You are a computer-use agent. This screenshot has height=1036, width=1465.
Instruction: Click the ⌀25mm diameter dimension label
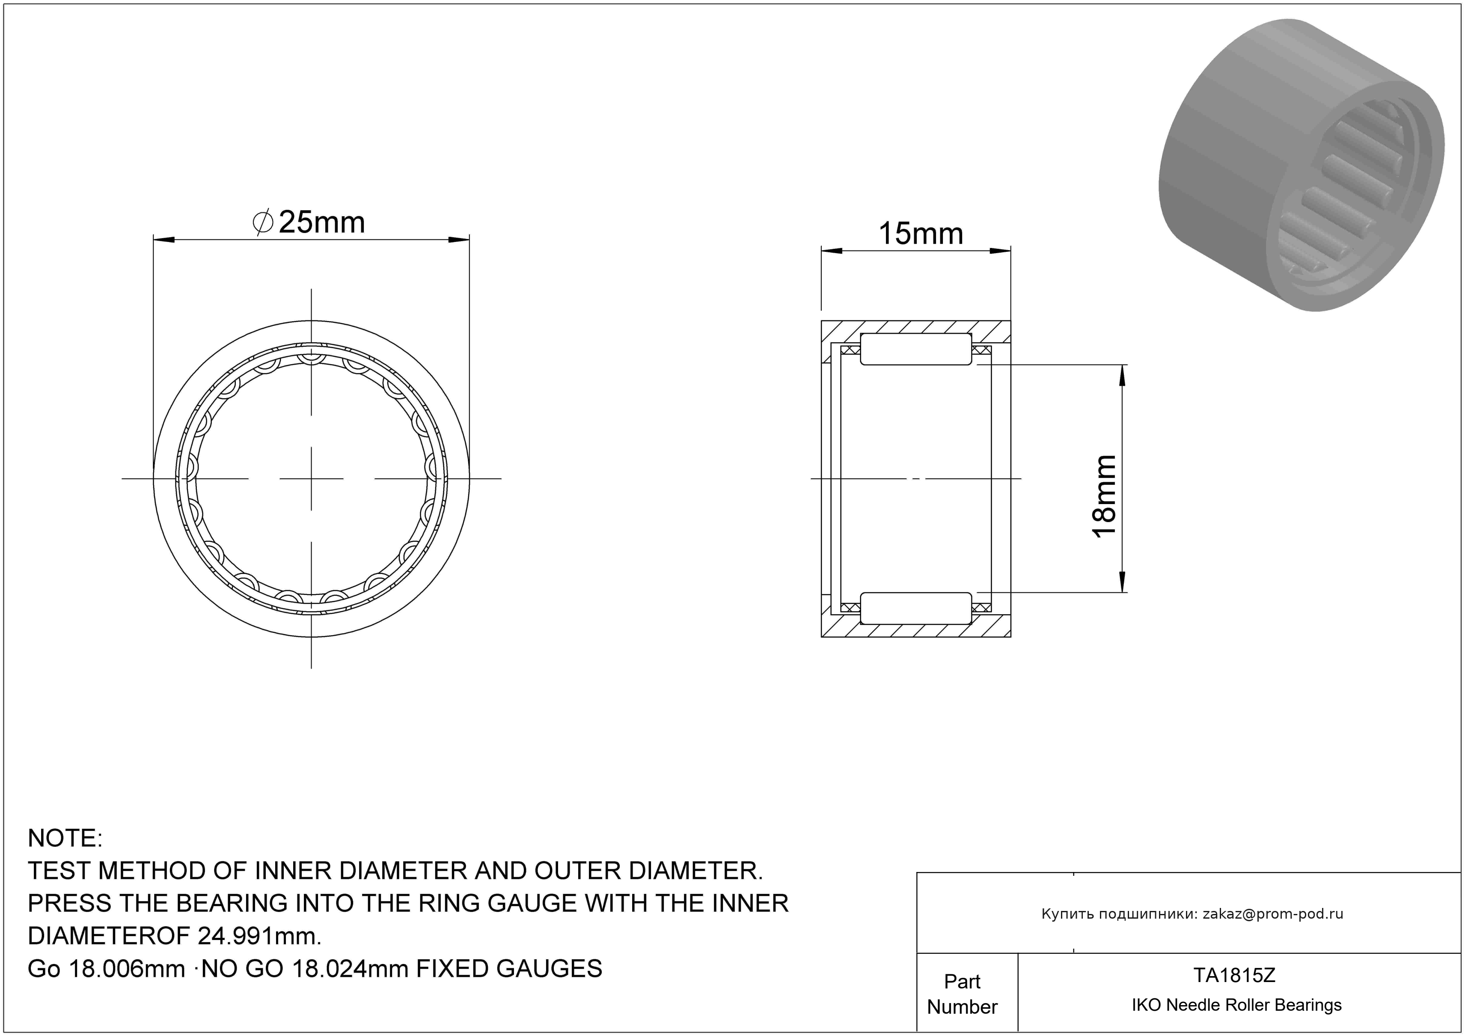point(309,222)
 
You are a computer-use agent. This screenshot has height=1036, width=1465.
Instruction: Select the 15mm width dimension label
point(921,234)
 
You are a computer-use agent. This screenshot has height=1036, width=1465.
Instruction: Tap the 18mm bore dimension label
point(1105,497)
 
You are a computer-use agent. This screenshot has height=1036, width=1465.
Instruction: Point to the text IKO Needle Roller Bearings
point(1236,1005)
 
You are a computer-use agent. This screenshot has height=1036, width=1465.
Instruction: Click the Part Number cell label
point(962,994)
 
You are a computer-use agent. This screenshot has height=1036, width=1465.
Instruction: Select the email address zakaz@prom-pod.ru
point(1273,914)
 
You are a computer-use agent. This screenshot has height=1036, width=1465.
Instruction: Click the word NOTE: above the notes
point(65,838)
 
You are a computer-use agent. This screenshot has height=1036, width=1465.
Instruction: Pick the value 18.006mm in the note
point(126,969)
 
